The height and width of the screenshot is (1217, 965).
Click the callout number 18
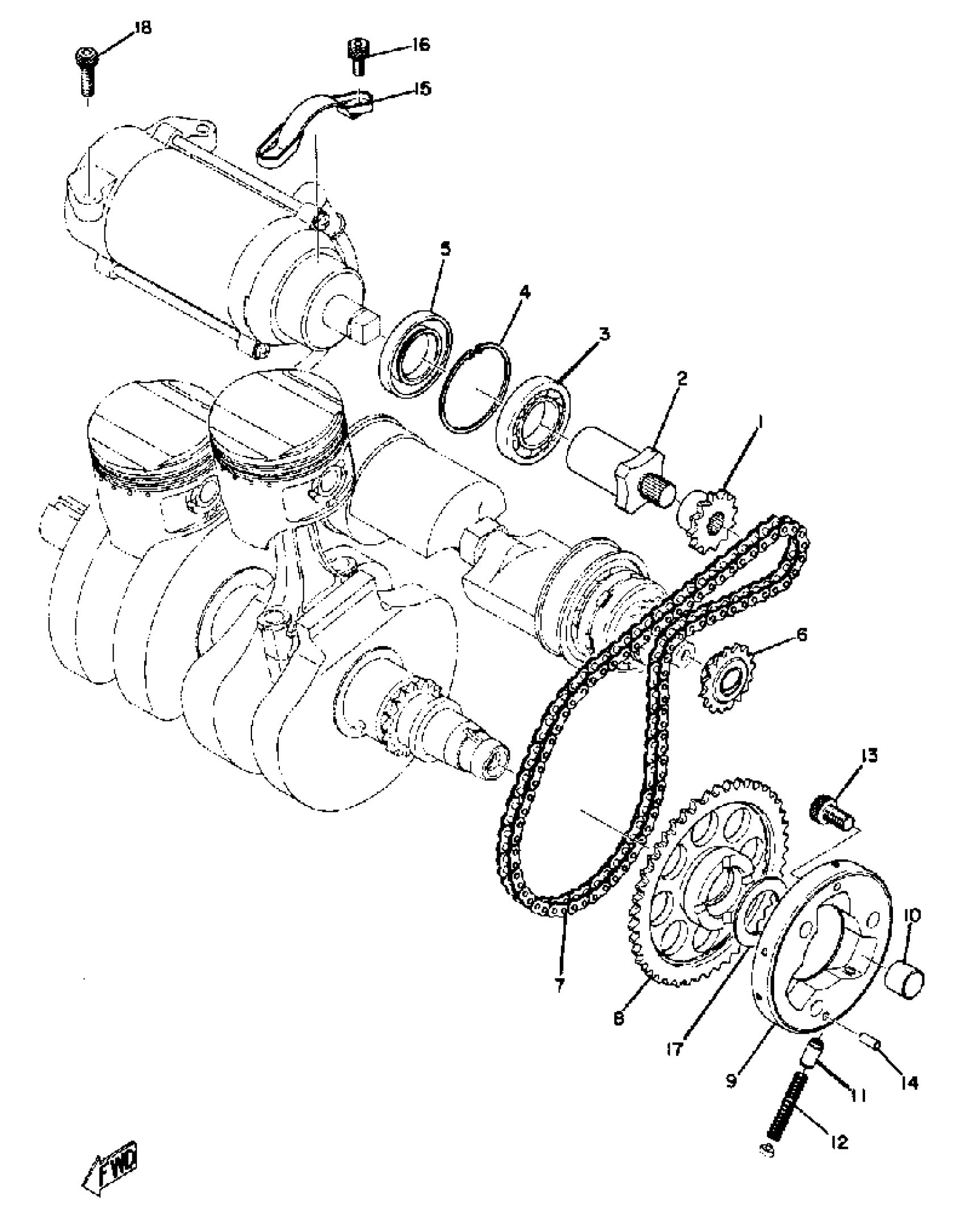click(x=143, y=28)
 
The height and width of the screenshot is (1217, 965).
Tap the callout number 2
click(x=681, y=379)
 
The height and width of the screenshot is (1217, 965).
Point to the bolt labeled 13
click(x=830, y=815)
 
